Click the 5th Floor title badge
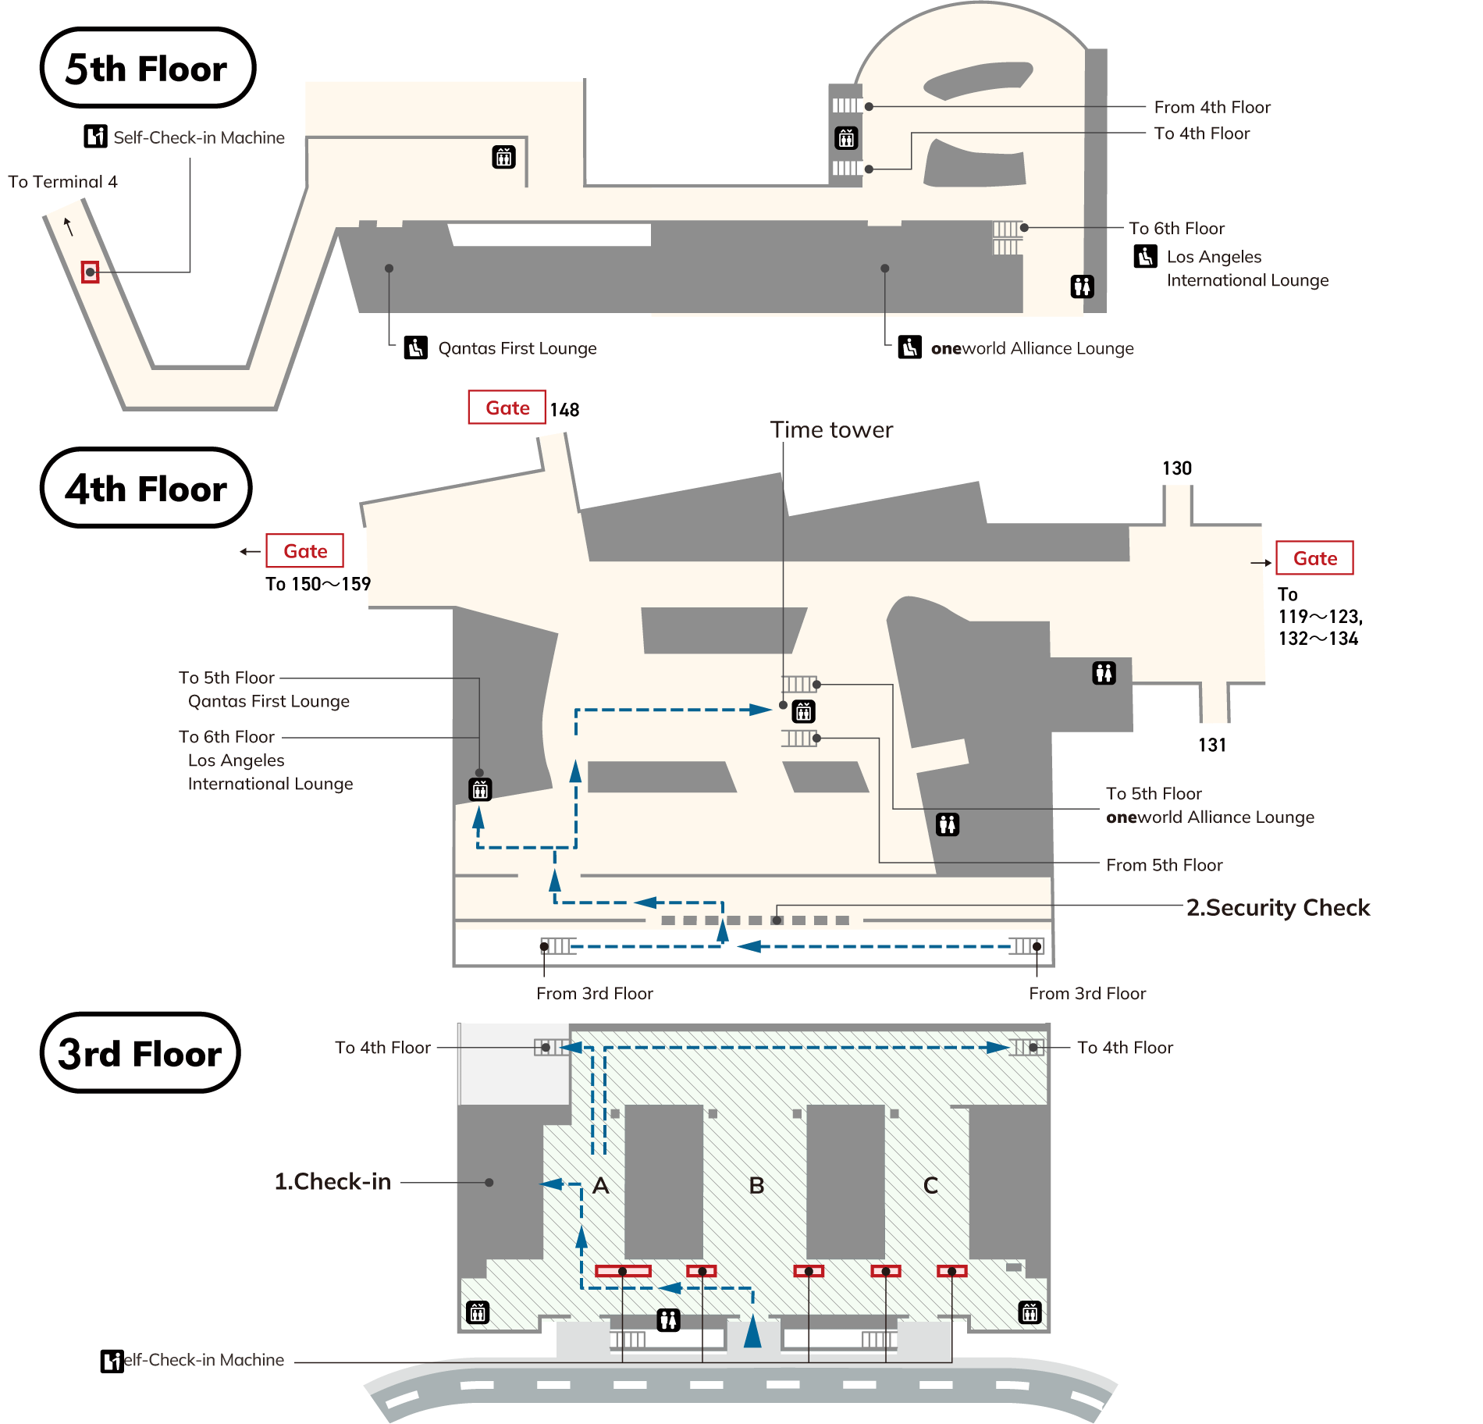[x=148, y=68]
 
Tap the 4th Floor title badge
[x=146, y=488]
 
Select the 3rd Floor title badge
[x=140, y=1053]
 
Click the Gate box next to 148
[x=507, y=408]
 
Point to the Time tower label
[x=831, y=429]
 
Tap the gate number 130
[x=1176, y=468]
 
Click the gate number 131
[x=1211, y=745]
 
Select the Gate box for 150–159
[x=304, y=551]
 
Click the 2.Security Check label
[x=1278, y=907]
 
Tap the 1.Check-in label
[x=333, y=1181]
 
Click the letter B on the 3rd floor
[x=756, y=1185]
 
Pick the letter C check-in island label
[x=930, y=1185]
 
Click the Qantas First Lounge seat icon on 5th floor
[x=415, y=347]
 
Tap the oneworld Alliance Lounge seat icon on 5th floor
[x=909, y=347]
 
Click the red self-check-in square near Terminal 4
[x=91, y=272]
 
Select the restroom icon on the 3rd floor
[x=668, y=1319]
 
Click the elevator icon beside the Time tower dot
[x=804, y=711]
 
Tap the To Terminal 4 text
[x=62, y=182]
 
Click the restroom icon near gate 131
[x=1104, y=672]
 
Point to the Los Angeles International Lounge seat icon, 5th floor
[x=1145, y=256]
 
